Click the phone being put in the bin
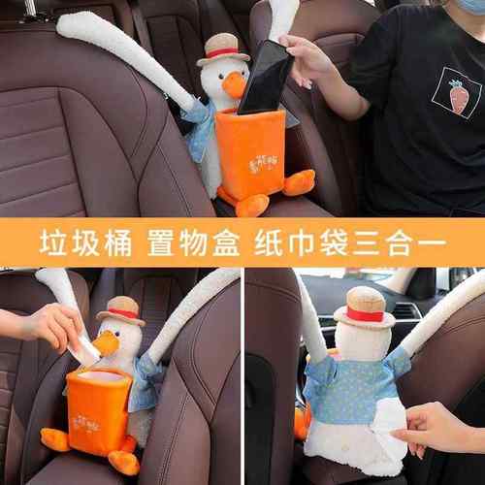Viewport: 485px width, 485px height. (x=263, y=78)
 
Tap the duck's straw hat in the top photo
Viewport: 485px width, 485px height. (x=224, y=48)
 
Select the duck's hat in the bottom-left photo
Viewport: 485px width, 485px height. (x=120, y=310)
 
